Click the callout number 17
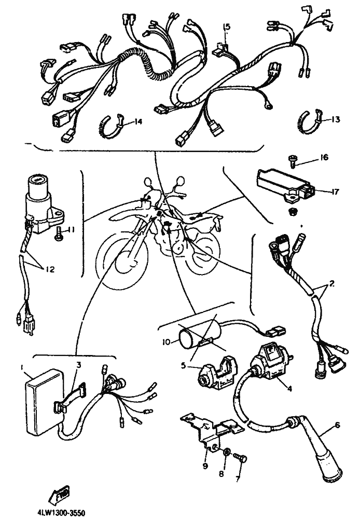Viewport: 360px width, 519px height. [335, 192]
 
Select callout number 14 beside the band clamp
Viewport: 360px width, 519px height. [137, 121]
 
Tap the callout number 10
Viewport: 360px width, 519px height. [165, 342]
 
